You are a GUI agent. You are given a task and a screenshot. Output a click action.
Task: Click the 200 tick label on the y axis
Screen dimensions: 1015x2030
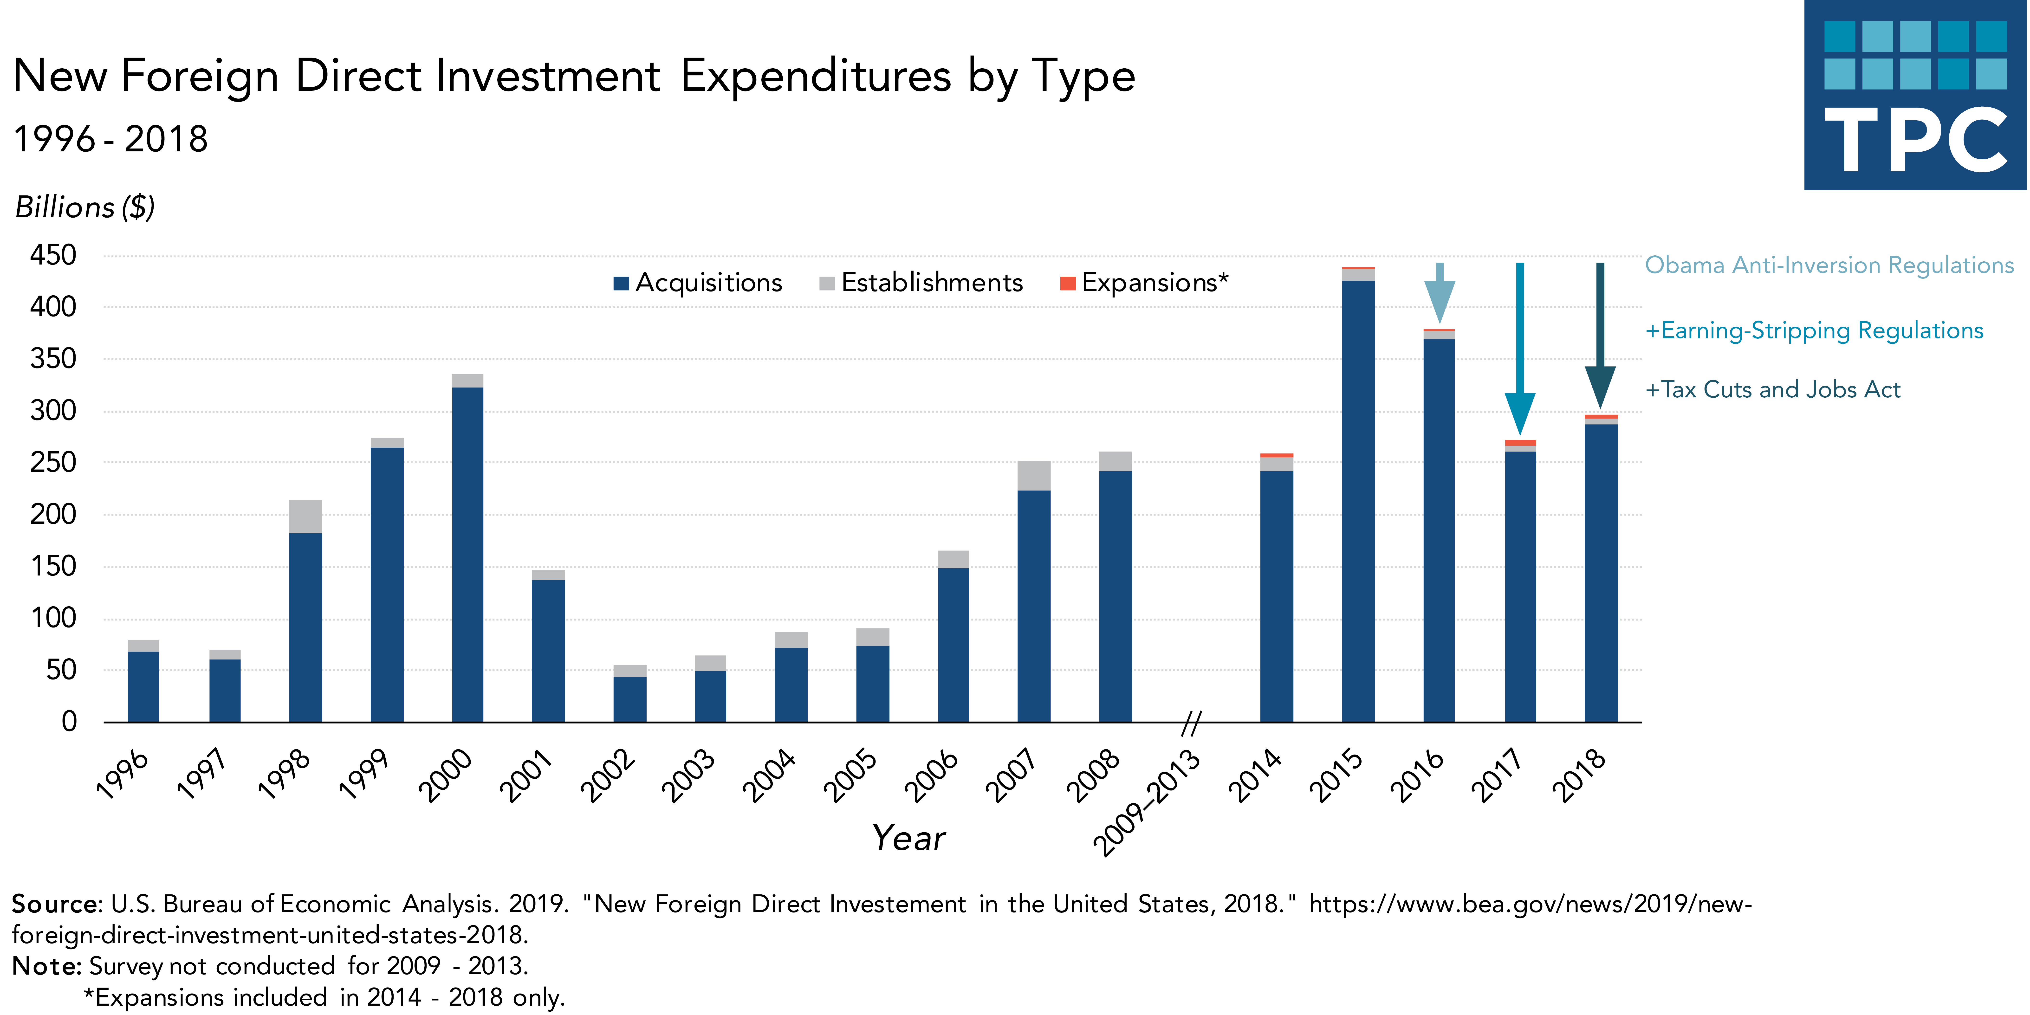54,515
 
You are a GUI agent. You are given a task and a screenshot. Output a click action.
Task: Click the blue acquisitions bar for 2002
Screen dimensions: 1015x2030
630,699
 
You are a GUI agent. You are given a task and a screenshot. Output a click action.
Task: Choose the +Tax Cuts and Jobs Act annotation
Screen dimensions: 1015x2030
1773,389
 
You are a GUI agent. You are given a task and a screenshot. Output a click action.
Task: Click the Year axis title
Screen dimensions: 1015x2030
909,838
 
